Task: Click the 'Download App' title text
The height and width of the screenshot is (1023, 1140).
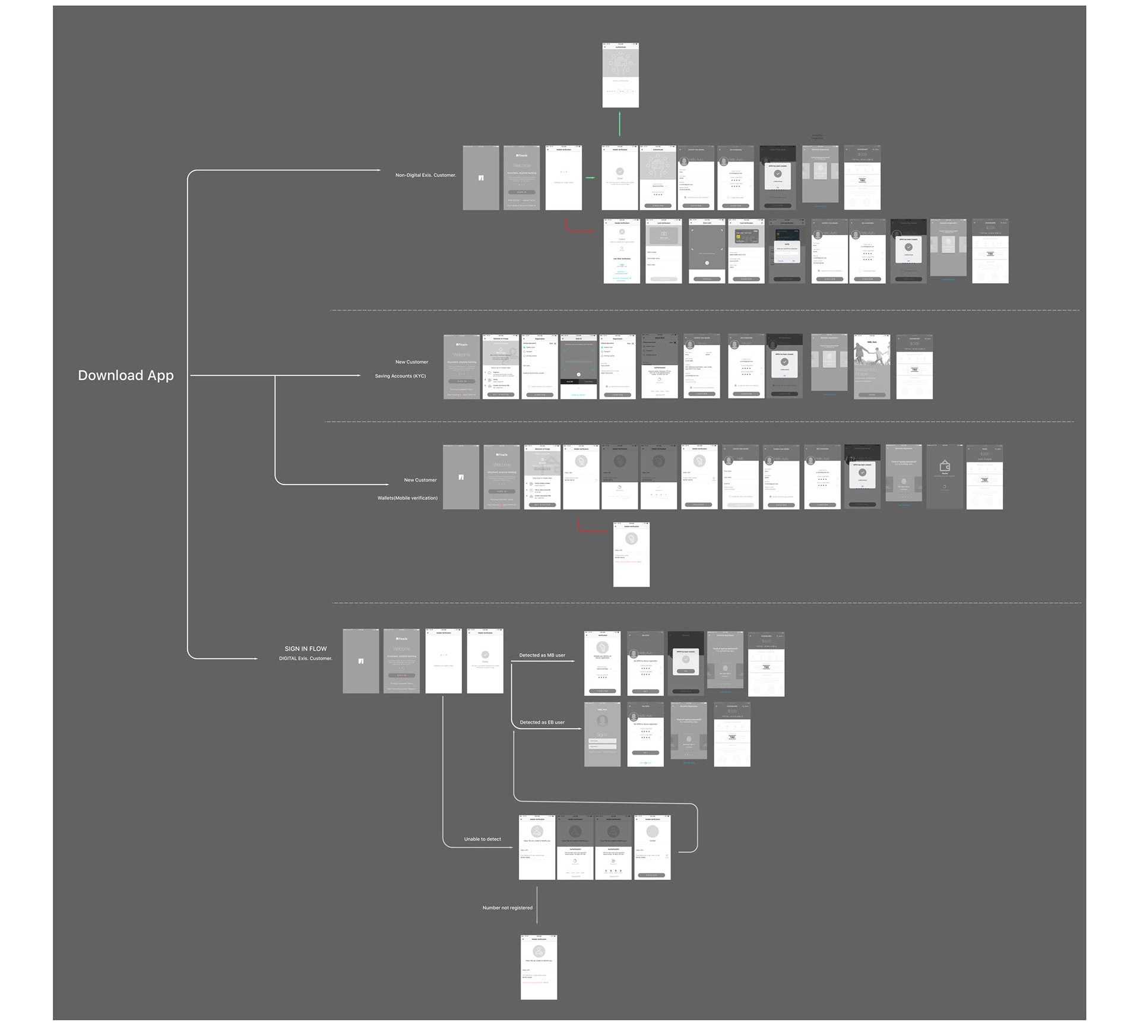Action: point(126,375)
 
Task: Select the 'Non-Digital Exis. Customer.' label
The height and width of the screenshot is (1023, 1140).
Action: point(426,175)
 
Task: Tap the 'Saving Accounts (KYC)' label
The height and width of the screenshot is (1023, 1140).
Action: point(400,376)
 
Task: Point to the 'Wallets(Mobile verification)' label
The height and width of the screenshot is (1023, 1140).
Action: point(407,498)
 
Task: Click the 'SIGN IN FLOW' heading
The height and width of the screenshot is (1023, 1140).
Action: point(305,649)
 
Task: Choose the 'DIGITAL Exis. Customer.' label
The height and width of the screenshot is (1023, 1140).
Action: point(305,658)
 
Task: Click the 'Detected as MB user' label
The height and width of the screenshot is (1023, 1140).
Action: point(542,655)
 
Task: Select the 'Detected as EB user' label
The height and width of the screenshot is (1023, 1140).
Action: point(542,723)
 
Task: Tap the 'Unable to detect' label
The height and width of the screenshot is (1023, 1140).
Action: point(482,840)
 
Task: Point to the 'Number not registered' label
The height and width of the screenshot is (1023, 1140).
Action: point(507,908)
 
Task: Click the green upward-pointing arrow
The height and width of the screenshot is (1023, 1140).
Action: point(620,123)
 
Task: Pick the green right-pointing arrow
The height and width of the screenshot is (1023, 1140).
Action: point(590,178)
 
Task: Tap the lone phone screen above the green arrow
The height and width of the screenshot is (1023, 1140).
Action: point(620,75)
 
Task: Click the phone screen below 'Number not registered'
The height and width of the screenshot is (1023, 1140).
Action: point(539,967)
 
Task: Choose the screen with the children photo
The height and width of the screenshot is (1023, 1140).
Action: point(872,366)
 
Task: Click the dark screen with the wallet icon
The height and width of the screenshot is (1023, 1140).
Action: point(945,476)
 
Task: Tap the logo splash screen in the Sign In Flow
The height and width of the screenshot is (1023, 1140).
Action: point(360,661)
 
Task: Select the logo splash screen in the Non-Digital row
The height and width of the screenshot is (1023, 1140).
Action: point(481,178)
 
